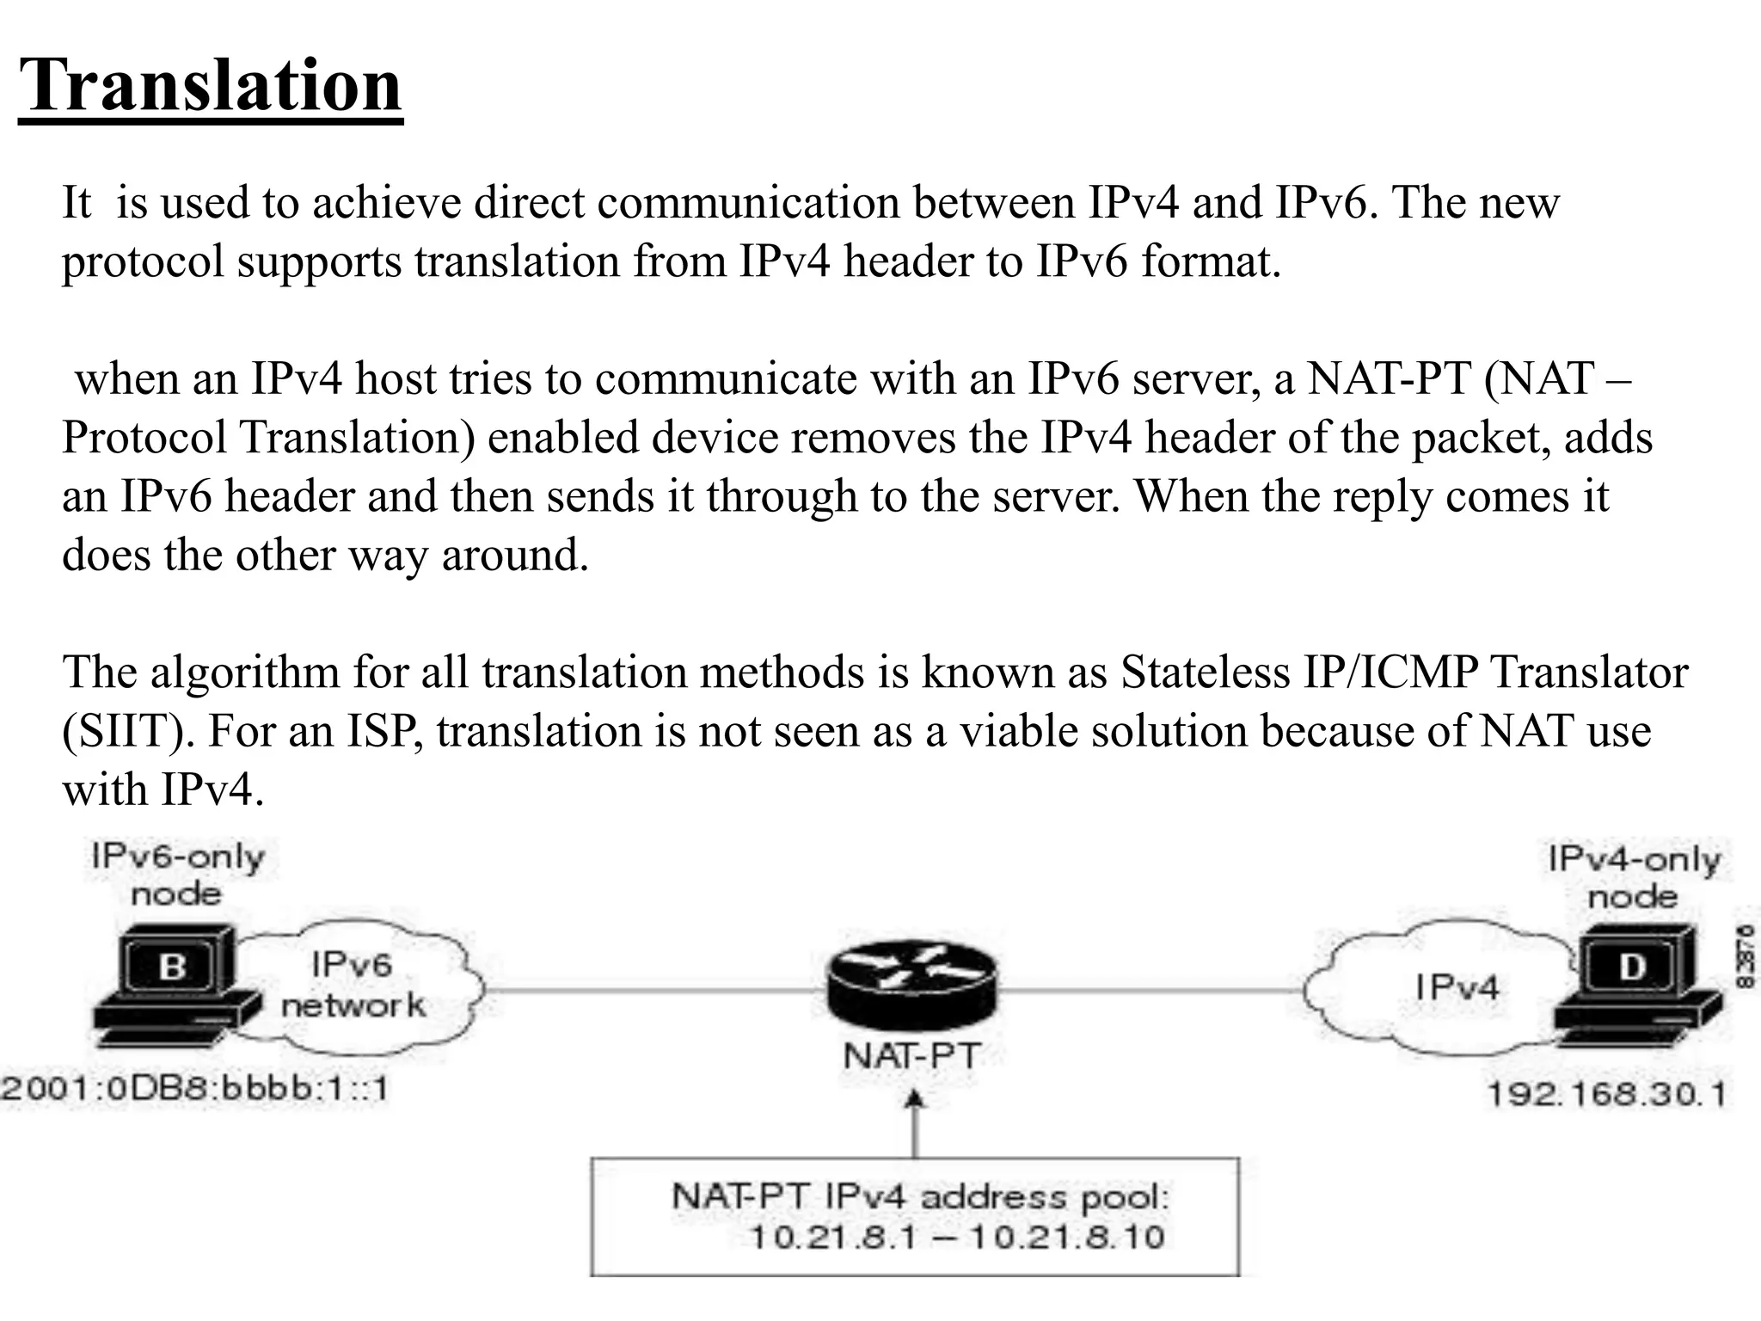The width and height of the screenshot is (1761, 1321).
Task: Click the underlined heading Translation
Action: [211, 86]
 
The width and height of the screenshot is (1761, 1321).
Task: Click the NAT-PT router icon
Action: [912, 989]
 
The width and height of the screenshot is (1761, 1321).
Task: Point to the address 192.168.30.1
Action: [1606, 1094]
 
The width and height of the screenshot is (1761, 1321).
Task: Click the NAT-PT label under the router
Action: [911, 1056]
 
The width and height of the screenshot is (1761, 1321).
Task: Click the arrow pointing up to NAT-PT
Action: [915, 1122]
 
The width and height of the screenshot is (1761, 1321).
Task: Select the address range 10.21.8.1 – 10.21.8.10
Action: [957, 1238]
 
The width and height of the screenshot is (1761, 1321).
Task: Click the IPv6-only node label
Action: [177, 875]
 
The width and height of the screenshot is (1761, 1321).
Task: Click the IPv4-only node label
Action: [1634, 877]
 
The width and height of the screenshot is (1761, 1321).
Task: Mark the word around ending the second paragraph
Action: [514, 556]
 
